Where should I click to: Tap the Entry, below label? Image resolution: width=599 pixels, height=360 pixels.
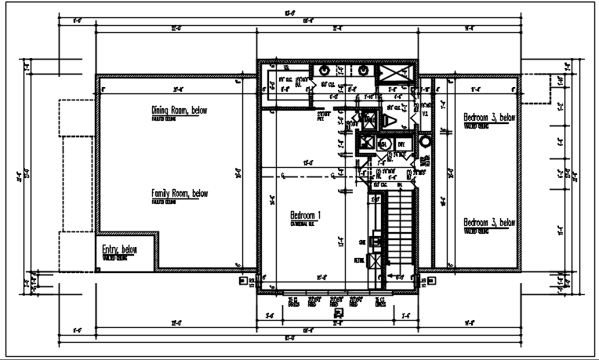point(119,250)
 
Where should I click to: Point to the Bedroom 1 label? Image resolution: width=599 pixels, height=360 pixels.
point(306,215)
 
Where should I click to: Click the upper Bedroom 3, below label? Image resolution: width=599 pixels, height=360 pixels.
point(489,118)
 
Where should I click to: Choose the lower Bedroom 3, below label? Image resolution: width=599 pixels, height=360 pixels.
point(489,222)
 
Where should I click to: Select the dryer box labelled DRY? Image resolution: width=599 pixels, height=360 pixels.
point(401,145)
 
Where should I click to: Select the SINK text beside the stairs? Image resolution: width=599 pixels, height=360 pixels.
point(362,241)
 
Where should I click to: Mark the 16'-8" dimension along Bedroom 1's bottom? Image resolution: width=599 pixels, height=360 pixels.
point(320,276)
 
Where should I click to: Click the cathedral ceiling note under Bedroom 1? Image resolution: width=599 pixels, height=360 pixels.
point(303,224)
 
